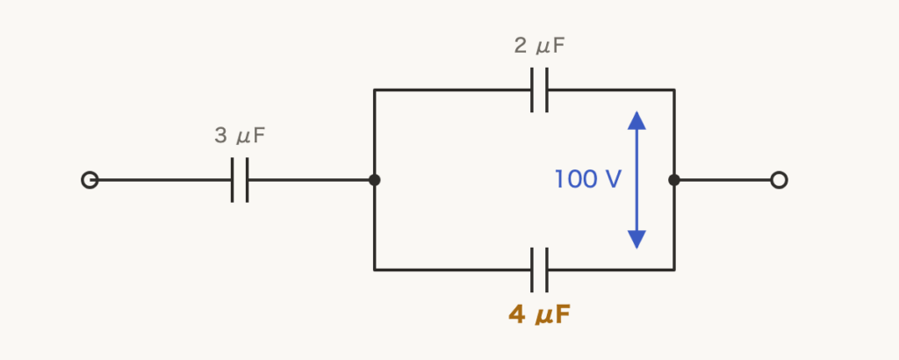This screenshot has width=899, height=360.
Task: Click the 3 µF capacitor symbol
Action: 240,180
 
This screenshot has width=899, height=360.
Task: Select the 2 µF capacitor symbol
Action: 540,90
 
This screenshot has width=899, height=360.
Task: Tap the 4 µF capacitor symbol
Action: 540,270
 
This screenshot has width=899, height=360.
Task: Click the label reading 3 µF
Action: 240,136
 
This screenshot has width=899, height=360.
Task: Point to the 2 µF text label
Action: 540,46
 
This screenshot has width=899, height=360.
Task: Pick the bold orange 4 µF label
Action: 540,314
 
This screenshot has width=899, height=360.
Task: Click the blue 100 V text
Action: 587,179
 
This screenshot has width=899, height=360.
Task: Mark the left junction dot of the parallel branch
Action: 374,180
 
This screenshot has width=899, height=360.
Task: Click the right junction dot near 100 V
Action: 674,180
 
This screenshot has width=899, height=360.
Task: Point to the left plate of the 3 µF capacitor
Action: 232,180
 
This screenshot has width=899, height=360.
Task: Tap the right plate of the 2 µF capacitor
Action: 547,90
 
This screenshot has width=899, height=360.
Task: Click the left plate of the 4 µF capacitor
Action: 532,270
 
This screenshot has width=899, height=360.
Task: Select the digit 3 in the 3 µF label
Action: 220,136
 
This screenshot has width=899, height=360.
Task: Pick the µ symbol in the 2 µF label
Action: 542,47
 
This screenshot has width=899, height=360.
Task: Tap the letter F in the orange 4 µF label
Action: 564,314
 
